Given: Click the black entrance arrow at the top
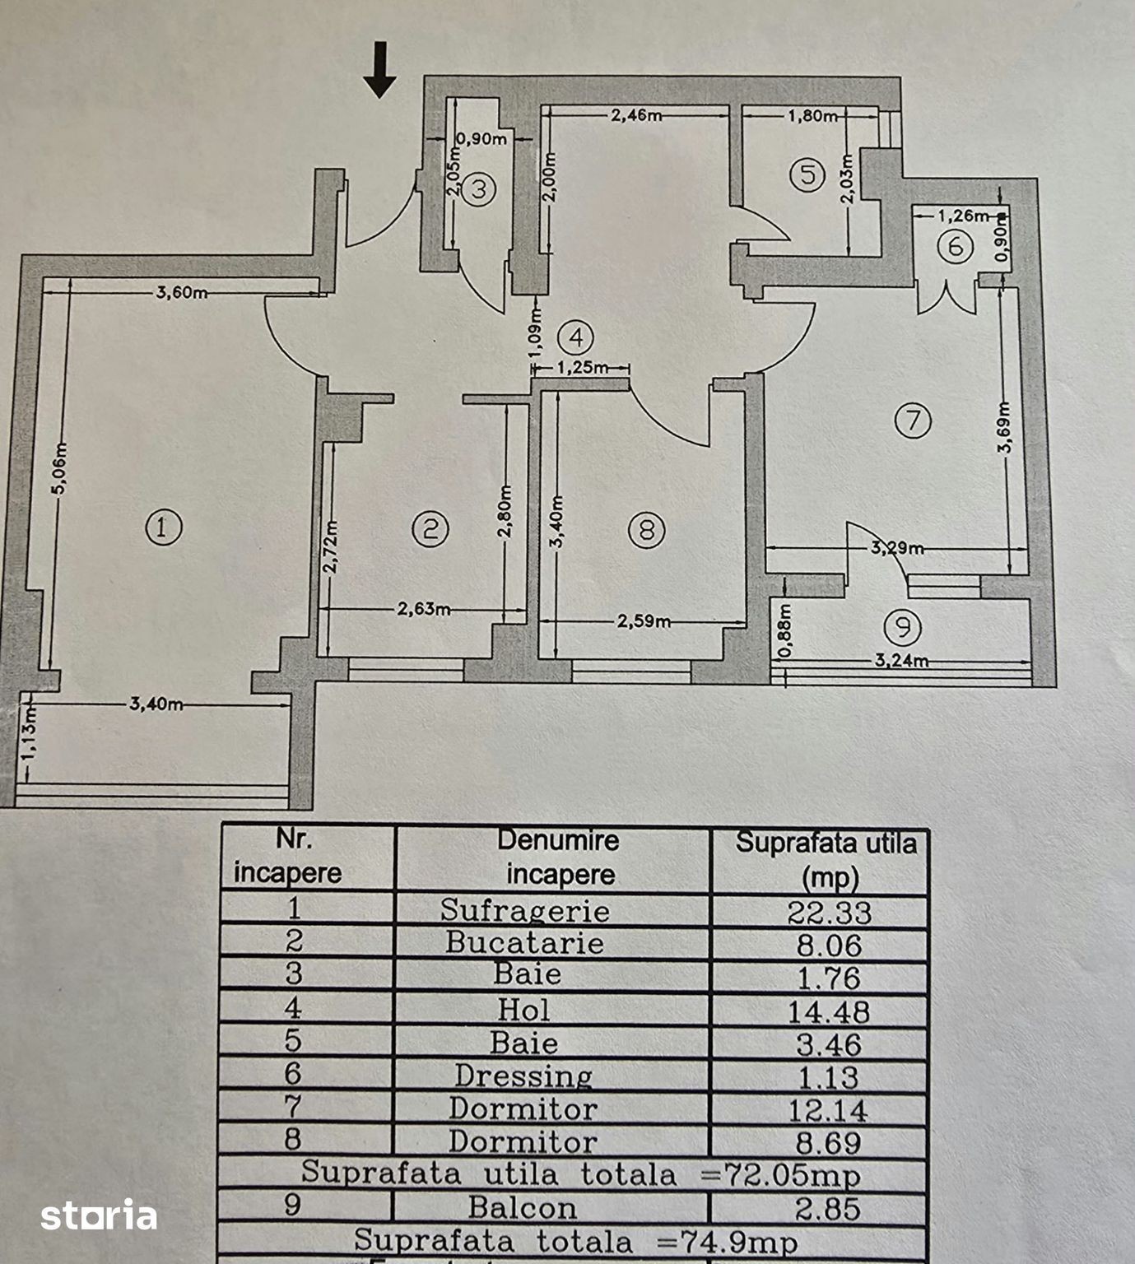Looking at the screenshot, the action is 379,69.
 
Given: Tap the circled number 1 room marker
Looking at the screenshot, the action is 164,527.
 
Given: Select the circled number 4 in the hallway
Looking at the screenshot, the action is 575,338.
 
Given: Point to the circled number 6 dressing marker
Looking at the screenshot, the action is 956,247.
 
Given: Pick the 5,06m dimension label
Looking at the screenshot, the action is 58,468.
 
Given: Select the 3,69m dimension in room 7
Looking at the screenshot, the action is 1004,427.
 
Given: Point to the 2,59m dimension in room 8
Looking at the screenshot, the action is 644,621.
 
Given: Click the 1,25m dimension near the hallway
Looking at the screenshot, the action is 582,368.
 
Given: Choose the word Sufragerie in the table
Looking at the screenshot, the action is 525,910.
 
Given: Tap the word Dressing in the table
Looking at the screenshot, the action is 523,1076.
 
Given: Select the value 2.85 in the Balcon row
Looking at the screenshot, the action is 828,1210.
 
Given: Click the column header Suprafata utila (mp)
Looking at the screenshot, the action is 826,860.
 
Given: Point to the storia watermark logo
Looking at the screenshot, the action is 99,1215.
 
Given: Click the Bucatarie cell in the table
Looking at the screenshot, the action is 524,943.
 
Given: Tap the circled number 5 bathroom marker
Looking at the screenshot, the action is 807,175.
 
